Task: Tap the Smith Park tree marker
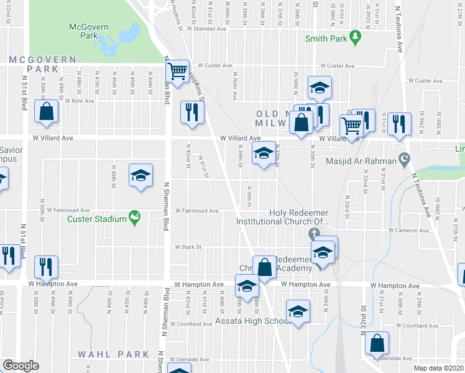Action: tap(356, 38)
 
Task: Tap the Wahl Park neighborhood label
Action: tap(114, 354)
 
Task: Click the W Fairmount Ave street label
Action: tap(196, 211)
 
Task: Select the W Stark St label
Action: tap(188, 247)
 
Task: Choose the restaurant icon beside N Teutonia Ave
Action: tap(399, 122)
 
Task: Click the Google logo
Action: tap(21, 366)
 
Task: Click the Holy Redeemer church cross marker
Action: tap(315, 234)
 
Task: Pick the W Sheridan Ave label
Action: tap(205, 29)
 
